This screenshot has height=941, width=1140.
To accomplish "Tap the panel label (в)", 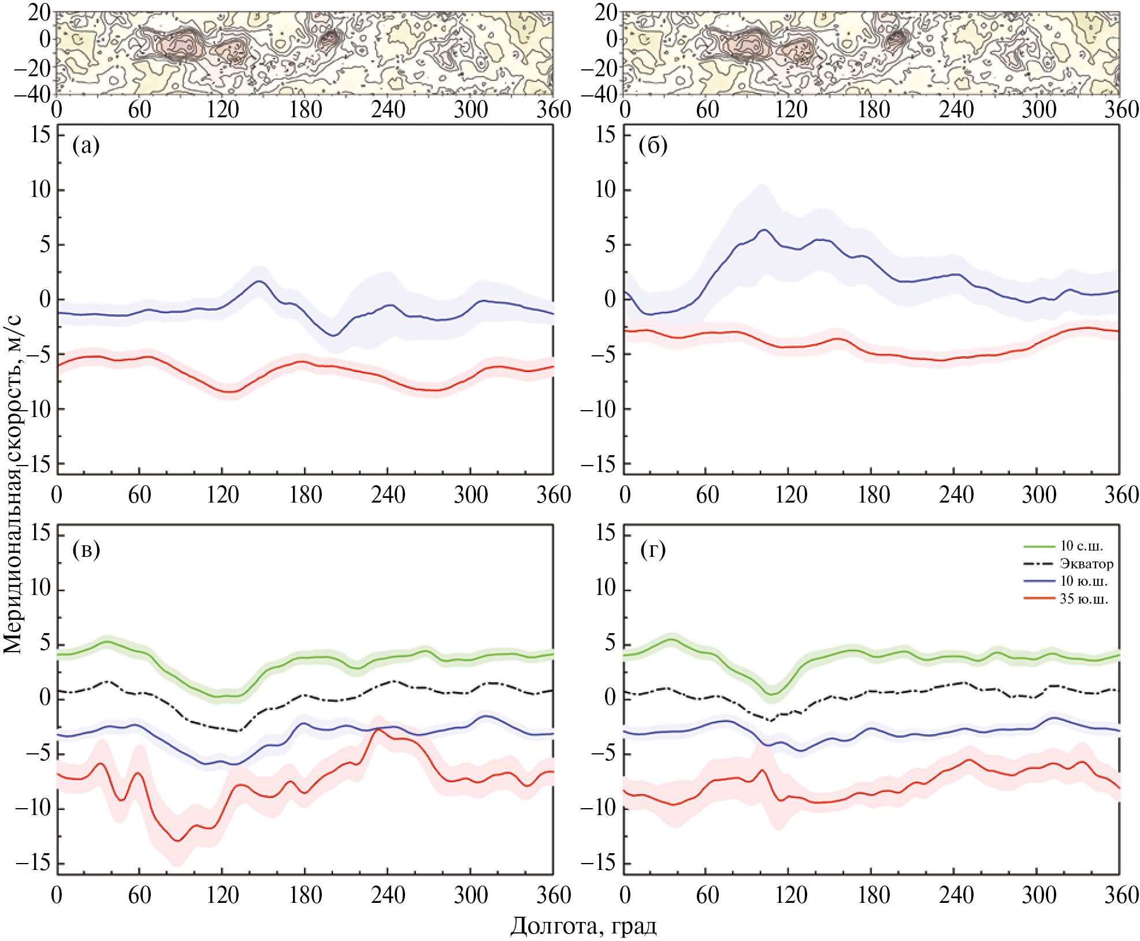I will coord(86,549).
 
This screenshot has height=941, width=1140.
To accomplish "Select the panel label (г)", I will coord(653,549).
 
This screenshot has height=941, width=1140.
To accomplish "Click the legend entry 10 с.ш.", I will coord(1081,546).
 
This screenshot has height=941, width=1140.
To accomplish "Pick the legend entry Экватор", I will coord(1086,563).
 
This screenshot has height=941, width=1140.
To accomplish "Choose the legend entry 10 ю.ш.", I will coord(1083,581).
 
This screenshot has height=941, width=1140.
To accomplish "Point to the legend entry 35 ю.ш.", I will coord(1084,598).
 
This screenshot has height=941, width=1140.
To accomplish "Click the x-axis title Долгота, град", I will coord(583,925).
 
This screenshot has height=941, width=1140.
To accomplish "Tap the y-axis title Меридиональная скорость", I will coord(13,485).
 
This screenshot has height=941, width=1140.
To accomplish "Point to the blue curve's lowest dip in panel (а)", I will coord(333,336).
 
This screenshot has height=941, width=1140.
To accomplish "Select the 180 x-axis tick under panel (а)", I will coord(305,495).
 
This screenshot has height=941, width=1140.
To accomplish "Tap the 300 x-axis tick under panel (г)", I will coord(1038,896).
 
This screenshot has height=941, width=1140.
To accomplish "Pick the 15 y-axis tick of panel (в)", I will coord(40,533).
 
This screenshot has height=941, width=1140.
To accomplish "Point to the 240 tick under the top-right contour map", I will coord(956,109).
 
